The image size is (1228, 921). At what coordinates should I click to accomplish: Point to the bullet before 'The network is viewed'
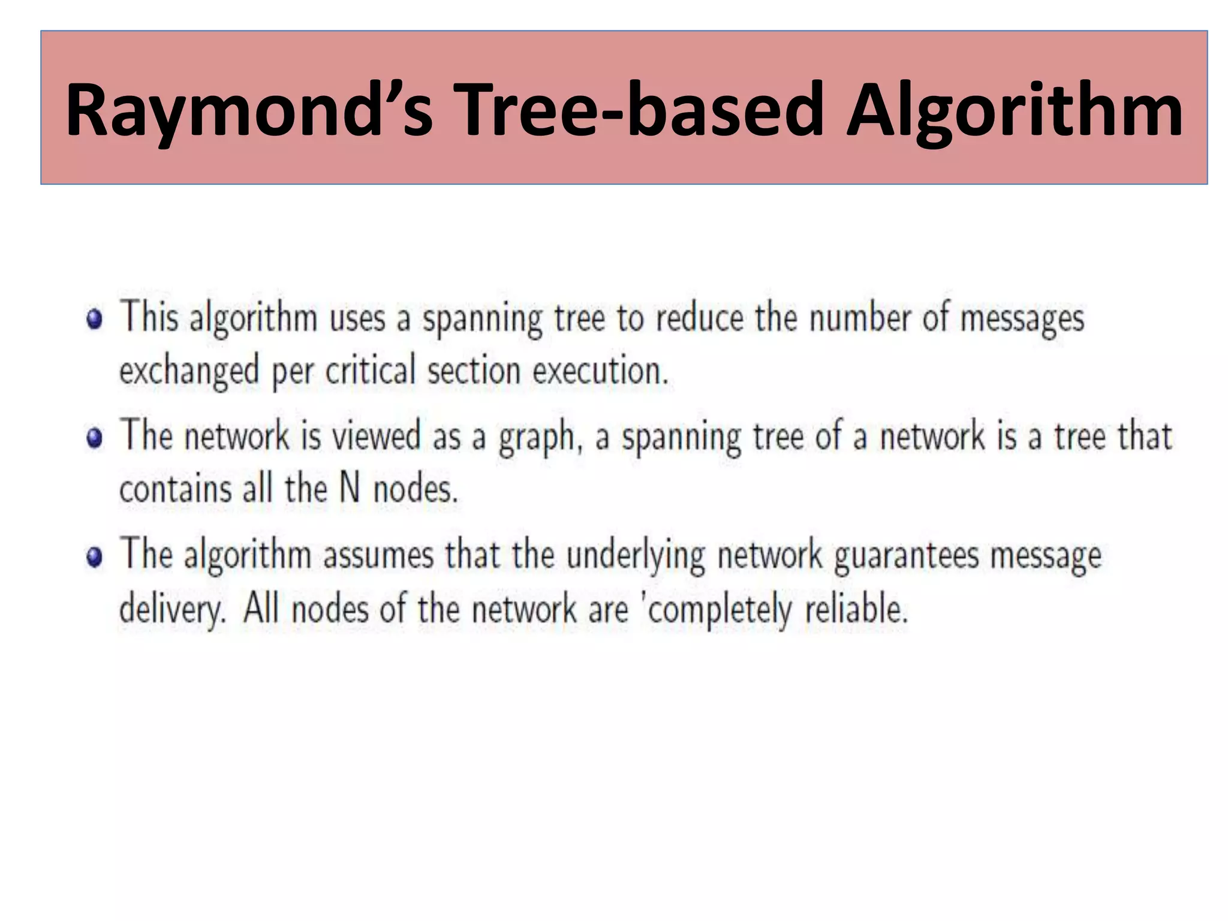94,437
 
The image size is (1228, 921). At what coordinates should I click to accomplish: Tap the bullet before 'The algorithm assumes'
94,557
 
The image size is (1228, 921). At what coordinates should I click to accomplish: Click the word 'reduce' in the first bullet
699,318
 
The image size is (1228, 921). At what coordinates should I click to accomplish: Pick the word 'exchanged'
189,371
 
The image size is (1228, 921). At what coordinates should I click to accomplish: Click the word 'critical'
370,369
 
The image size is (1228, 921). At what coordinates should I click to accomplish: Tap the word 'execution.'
600,371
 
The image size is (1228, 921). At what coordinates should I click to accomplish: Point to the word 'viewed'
376,435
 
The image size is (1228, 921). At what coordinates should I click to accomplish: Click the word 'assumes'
378,555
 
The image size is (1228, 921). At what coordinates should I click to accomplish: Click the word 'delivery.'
173,609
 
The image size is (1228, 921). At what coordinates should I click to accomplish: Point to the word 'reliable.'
856,609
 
